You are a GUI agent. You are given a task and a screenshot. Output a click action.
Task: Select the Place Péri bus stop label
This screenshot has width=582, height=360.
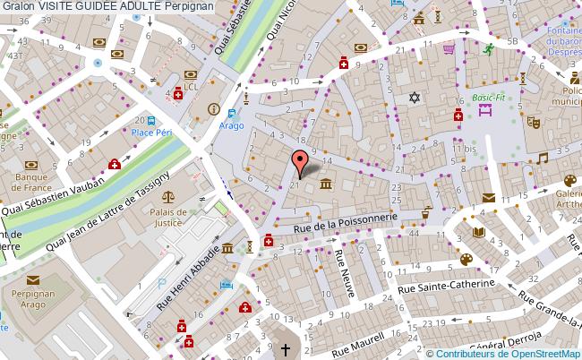coord(152,133)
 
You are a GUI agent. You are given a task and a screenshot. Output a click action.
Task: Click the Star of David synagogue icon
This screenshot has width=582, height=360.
coord(414,98)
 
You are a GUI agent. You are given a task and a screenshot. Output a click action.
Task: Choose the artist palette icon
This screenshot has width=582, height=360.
coord(466,260)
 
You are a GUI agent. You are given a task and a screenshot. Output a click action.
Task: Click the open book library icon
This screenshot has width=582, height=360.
coord(478,232)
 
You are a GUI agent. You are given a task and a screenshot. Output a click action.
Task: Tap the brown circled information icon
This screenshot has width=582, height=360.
coord(213,109)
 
